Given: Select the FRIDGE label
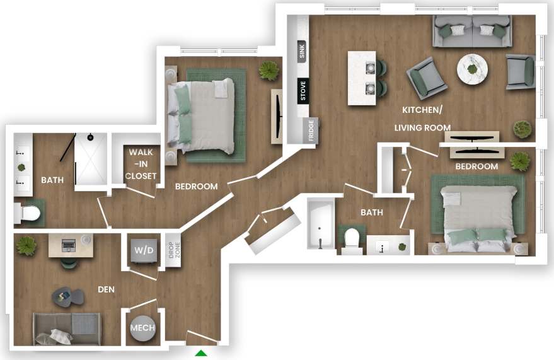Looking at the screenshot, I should (x=310, y=132).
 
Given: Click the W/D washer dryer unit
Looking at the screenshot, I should (x=142, y=250).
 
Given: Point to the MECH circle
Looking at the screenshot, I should (x=142, y=328).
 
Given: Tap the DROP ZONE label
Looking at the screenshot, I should (x=172, y=251).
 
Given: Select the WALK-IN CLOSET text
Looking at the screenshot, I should (x=141, y=164).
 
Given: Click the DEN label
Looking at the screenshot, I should (x=105, y=289).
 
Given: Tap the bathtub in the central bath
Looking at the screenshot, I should (x=320, y=226).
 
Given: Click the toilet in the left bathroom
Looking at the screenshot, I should (x=29, y=214).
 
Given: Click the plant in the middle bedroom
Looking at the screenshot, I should (x=269, y=70).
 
